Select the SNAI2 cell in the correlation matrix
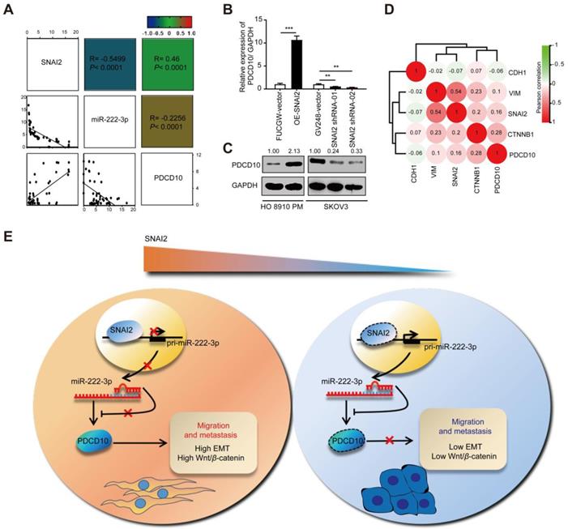(x=50, y=69)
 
